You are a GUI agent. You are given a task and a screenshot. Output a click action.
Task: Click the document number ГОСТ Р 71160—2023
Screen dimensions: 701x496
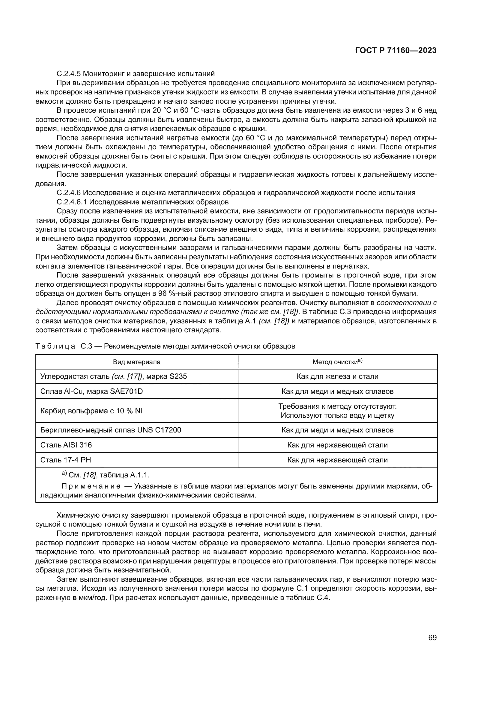click(396, 51)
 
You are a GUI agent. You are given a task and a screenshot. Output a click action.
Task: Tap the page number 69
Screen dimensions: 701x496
click(432, 637)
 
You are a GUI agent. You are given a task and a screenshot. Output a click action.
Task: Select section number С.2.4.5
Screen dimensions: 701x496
click(69, 74)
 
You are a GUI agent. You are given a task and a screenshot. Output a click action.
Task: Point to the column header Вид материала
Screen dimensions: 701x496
click(136, 362)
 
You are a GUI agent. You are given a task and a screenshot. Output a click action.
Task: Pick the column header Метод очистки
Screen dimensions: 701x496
click(337, 362)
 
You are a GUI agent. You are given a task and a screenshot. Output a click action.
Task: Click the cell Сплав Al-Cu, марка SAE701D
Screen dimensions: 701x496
click(91, 391)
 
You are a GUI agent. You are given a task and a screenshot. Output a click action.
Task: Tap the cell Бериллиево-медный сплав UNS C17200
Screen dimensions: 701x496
click(111, 430)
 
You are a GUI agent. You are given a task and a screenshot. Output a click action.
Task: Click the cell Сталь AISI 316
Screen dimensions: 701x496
click(66, 445)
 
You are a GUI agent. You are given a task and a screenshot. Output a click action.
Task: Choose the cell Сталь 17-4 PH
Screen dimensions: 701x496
click(65, 460)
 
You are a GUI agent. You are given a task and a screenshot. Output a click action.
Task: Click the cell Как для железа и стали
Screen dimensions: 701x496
click(337, 376)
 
